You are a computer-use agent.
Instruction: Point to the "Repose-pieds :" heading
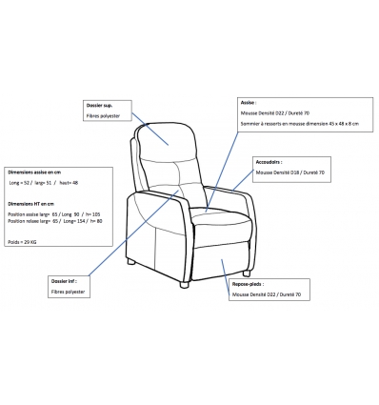tap(248, 284)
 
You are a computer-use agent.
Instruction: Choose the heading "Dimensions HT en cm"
tap(32, 203)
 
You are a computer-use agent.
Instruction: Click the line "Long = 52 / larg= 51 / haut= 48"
tap(44, 181)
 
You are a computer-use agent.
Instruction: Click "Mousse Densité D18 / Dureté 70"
tap(291, 173)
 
